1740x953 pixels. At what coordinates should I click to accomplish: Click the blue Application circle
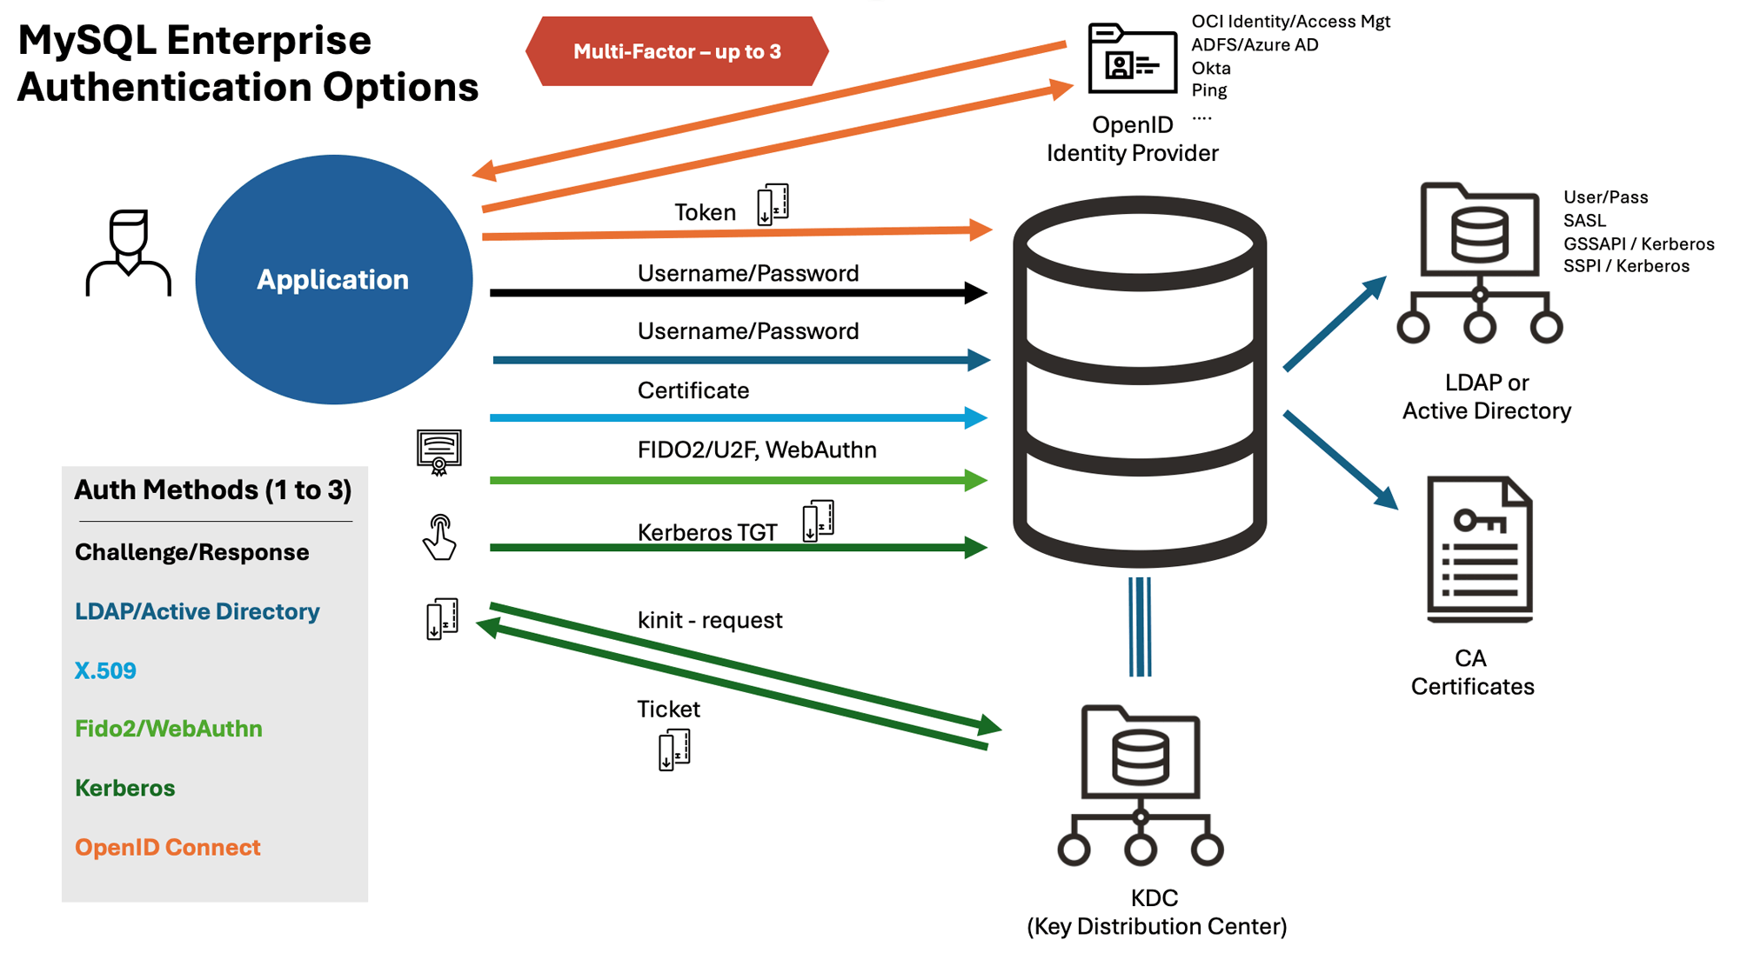(333, 279)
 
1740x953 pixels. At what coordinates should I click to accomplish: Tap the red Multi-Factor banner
(677, 51)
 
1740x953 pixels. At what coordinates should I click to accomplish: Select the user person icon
(129, 253)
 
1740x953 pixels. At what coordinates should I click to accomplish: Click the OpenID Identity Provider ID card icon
(1132, 59)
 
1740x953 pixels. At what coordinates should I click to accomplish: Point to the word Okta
(1211, 68)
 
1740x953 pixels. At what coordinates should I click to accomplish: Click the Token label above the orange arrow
(705, 212)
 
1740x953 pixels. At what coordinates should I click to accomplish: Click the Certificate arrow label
(693, 390)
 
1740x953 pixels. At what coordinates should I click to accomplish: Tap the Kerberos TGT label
(706, 532)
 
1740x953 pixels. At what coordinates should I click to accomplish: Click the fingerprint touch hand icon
(439, 537)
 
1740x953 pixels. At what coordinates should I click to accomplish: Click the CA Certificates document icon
(1479, 549)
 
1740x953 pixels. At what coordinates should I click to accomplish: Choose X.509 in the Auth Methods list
(105, 670)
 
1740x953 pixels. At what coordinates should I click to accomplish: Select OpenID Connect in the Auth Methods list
(167, 847)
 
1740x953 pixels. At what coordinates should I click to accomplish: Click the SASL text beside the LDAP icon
(1584, 221)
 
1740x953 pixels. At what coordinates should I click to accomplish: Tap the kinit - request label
(710, 620)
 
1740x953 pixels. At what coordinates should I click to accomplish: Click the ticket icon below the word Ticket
(674, 750)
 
